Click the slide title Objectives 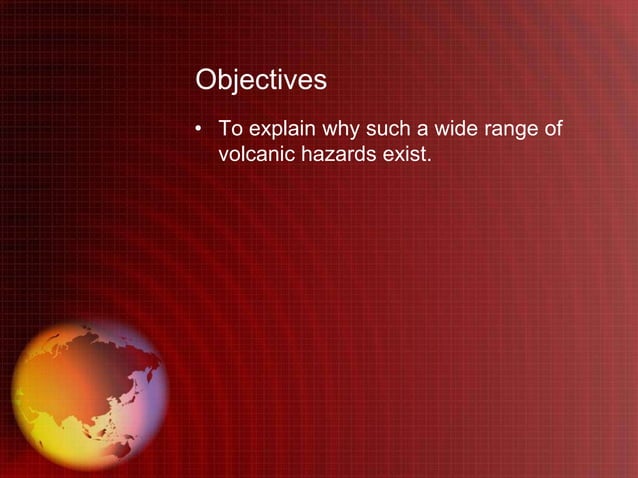coord(261,79)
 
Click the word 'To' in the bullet coord(229,129)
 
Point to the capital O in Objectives coord(207,79)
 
